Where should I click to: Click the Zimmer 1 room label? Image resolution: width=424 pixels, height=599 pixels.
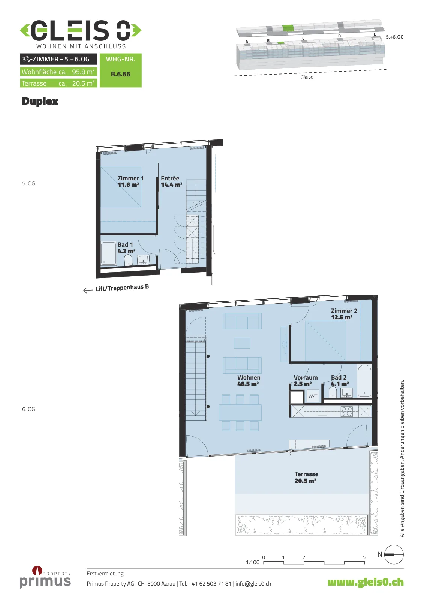pyautogui.click(x=130, y=181)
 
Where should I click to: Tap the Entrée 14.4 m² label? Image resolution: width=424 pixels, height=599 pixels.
pyautogui.click(x=171, y=181)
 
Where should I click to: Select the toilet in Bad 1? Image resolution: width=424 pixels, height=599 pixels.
pyautogui.click(x=128, y=260)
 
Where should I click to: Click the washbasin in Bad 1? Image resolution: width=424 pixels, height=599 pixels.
pyautogui.click(x=143, y=260)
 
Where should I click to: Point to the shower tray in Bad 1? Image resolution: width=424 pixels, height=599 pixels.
pyautogui.click(x=108, y=253)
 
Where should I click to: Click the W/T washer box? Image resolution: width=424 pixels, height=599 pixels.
pyautogui.click(x=313, y=396)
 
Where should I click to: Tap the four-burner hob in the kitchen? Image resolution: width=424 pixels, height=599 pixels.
pyautogui.click(x=346, y=411)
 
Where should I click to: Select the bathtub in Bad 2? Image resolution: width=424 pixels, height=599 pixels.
pyautogui.click(x=364, y=381)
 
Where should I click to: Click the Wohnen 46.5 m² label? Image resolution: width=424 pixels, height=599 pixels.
pyautogui.click(x=248, y=380)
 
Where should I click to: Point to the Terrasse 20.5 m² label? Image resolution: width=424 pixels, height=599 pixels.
pyautogui.click(x=306, y=477)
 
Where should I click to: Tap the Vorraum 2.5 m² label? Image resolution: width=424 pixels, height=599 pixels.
pyautogui.click(x=305, y=380)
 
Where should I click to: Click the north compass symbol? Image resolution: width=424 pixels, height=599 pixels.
pyautogui.click(x=394, y=554)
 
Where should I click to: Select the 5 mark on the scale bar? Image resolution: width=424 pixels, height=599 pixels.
pyautogui.click(x=364, y=557)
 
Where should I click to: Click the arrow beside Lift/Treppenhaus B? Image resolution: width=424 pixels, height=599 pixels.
pyautogui.click(x=88, y=290)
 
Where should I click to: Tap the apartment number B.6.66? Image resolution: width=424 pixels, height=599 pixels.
pyautogui.click(x=121, y=74)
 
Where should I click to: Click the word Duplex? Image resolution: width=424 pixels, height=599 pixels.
pyautogui.click(x=40, y=101)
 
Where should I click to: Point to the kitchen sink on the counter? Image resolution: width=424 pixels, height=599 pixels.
pyautogui.click(x=322, y=411)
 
